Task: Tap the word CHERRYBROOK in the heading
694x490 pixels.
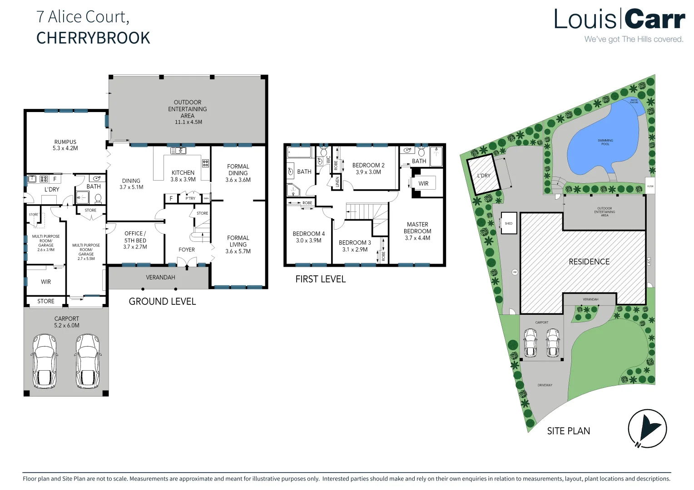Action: click(93, 38)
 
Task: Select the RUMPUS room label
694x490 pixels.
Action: click(65, 142)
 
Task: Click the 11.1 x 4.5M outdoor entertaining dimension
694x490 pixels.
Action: click(188, 122)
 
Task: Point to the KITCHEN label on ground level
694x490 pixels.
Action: click(183, 173)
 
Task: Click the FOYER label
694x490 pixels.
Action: click(187, 250)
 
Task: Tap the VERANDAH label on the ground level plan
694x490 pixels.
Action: click(160, 277)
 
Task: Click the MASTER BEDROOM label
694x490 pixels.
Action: click(417, 228)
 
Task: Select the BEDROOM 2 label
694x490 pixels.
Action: click(368, 166)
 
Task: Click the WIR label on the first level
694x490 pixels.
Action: click(423, 184)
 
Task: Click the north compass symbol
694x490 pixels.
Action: click(647, 428)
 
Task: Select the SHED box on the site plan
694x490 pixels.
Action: click(509, 223)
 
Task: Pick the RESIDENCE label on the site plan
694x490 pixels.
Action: click(589, 262)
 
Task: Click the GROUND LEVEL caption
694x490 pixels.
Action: click(162, 302)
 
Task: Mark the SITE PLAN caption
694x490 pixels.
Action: click(568, 431)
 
